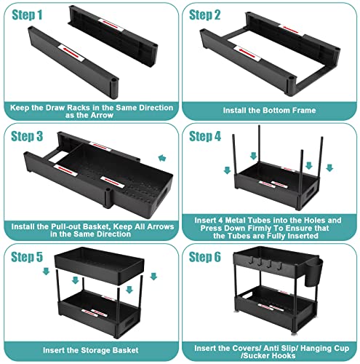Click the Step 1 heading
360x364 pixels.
27,15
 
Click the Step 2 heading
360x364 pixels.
204,15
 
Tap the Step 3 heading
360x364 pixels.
27,136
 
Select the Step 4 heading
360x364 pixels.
205,136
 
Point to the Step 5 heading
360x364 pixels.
27,257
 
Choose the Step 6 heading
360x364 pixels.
205,257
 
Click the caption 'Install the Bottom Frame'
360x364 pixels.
269,111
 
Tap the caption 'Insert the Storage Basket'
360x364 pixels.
91,350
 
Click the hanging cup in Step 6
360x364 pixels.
313,272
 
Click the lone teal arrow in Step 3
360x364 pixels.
162,158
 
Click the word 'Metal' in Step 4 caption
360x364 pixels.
235,221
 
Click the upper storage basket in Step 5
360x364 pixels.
99,265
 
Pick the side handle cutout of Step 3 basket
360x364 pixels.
161,197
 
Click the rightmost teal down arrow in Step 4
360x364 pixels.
329,168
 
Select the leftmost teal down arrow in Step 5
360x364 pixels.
46,272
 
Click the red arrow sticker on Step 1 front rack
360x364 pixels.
72,52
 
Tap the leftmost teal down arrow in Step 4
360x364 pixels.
227,170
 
